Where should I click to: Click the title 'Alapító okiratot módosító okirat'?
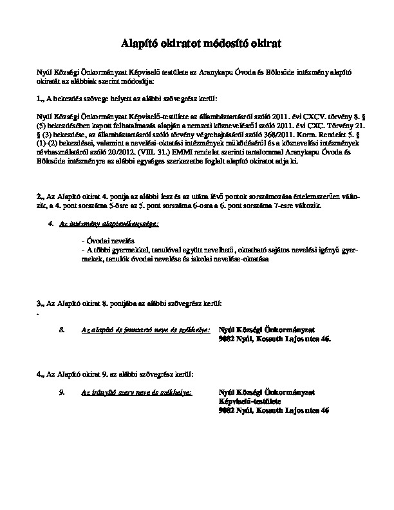pyautogui.click(x=197, y=44)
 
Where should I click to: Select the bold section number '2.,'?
pyautogui.click(x=41, y=195)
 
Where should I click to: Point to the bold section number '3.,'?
pyautogui.click(x=41, y=303)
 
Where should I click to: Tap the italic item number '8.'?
pyautogui.click(x=62, y=329)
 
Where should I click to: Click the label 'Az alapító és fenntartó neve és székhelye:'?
pyautogui.click(x=145, y=329)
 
